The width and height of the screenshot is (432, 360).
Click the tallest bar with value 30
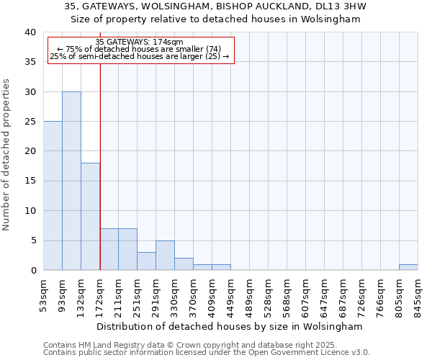[x=71, y=181]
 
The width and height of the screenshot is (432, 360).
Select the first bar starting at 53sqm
[x=53, y=196]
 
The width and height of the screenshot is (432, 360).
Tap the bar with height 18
[x=90, y=216]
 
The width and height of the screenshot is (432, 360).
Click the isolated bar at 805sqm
[x=408, y=267]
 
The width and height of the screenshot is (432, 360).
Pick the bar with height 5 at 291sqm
[x=165, y=256]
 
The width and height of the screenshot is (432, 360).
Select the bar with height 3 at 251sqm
[x=146, y=261]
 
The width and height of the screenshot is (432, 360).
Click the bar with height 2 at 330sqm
[x=184, y=264]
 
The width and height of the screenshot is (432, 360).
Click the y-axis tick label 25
[x=30, y=122]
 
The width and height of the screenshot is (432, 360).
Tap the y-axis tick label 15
[x=30, y=181]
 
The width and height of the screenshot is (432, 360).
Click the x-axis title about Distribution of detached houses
[x=230, y=326]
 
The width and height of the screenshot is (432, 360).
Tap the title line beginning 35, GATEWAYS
[x=215, y=6]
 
